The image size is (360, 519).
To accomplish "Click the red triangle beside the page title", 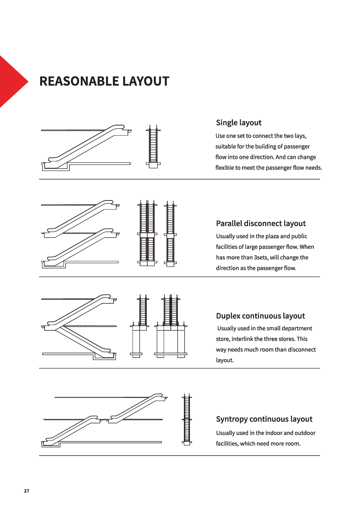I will [x=11, y=81].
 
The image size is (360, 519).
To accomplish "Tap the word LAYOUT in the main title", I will [x=146, y=81].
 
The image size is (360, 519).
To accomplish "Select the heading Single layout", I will [x=238, y=123].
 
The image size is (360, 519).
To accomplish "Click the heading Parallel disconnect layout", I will [x=260, y=223].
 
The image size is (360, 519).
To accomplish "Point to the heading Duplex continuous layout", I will [x=260, y=316].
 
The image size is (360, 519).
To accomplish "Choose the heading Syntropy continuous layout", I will [x=264, y=419].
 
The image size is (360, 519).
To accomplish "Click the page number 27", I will [x=27, y=491].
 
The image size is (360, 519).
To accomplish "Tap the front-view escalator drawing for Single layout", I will [x=153, y=147].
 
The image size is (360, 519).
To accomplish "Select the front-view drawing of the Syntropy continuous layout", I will [x=187, y=420].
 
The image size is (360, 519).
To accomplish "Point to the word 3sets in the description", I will [x=261, y=257].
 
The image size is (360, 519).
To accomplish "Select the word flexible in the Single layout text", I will [x=225, y=167].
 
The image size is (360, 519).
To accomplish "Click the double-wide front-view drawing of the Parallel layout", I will [x=147, y=234].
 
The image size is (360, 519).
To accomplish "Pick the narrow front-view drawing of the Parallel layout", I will [x=170, y=234].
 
